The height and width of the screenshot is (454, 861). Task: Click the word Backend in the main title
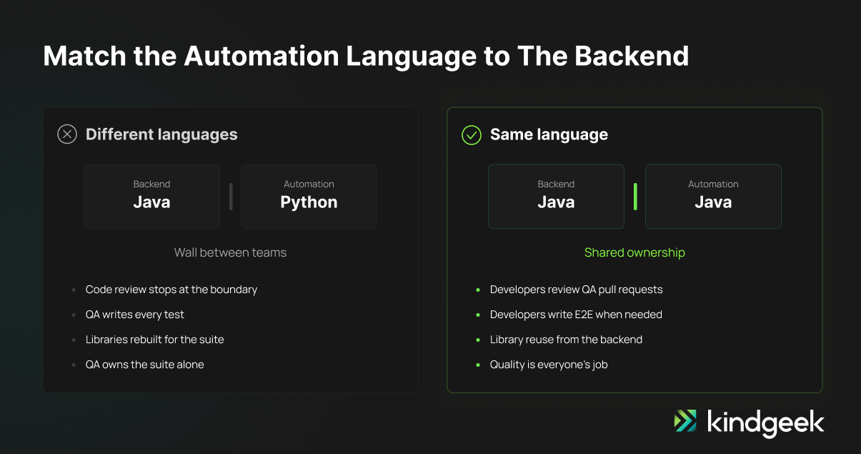[x=632, y=56]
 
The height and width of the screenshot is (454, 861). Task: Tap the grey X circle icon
[x=67, y=134]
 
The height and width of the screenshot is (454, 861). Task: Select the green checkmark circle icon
[x=472, y=135]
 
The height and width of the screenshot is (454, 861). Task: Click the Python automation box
[x=309, y=197]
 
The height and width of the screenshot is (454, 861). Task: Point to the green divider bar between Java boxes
[x=635, y=197]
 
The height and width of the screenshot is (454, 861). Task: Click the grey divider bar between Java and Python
[x=231, y=197]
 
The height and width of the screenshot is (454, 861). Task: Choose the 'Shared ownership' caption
[x=634, y=252]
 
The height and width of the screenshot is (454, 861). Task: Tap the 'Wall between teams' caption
[x=230, y=252]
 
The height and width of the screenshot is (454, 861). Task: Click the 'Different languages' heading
[x=161, y=134]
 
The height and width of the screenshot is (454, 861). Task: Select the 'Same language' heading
[x=549, y=134]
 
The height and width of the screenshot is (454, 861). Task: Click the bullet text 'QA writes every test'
[x=135, y=315]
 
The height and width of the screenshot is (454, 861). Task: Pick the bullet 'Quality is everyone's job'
[x=549, y=365]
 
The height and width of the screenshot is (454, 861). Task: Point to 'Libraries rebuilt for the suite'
[x=154, y=340]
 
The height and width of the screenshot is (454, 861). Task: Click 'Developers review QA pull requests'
[x=576, y=290]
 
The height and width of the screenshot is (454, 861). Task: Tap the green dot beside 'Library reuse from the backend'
[x=478, y=340]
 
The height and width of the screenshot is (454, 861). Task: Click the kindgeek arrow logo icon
[x=685, y=420]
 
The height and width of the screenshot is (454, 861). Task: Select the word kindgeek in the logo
[x=766, y=423]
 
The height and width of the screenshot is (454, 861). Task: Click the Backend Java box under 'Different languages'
[x=151, y=197]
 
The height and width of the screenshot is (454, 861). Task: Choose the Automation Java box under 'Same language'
[x=713, y=197]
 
